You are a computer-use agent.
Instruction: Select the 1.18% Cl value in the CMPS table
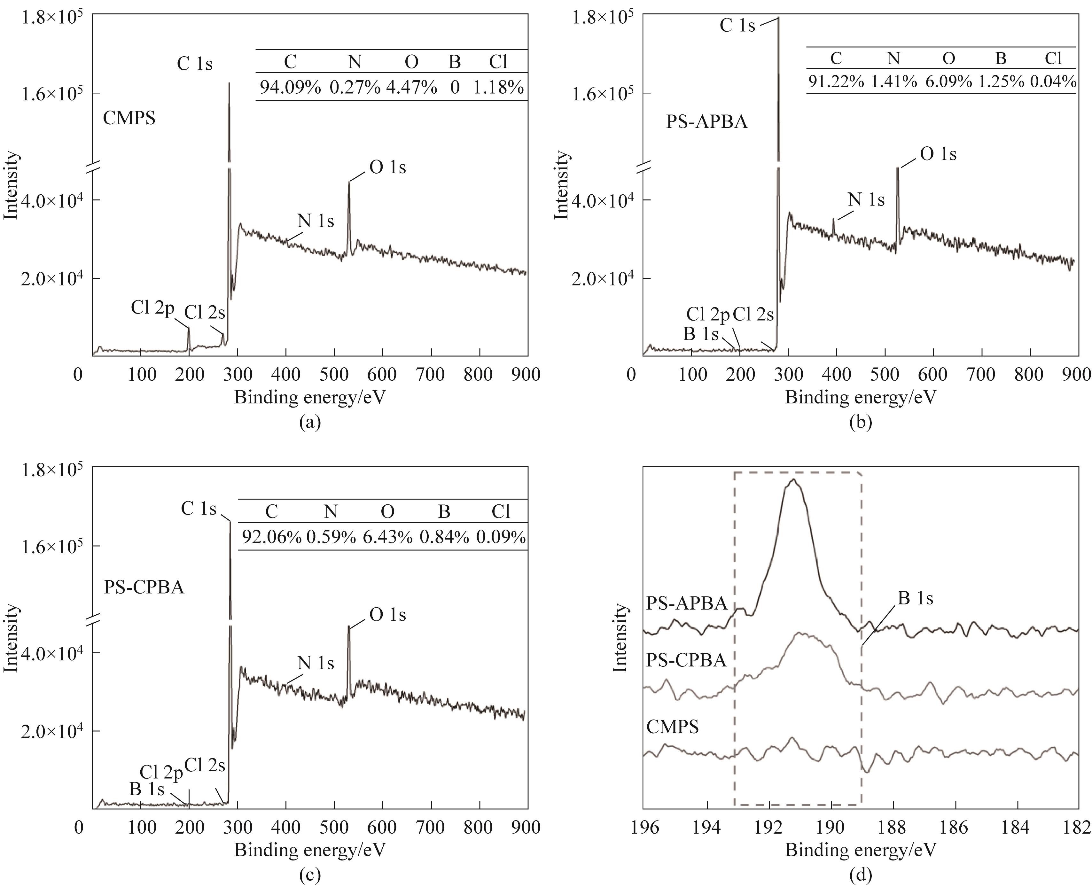point(498,87)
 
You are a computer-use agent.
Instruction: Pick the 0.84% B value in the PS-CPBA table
point(444,537)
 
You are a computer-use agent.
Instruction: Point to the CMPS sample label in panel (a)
point(129,119)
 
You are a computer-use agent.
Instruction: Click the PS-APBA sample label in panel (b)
point(707,122)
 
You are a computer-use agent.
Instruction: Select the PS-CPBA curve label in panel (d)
point(686,661)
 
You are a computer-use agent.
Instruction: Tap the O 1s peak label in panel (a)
point(387,167)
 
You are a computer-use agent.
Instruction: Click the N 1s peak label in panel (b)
point(866,200)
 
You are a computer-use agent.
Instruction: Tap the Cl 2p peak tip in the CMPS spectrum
point(189,328)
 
